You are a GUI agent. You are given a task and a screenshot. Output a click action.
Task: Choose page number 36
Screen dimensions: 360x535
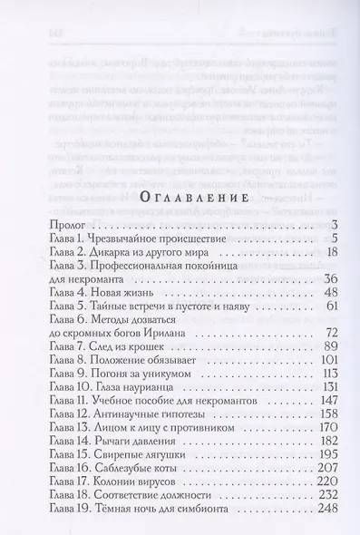point(305,304)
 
